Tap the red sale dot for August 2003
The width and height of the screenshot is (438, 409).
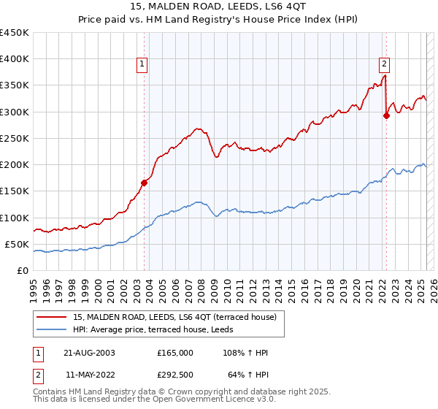(x=145, y=183)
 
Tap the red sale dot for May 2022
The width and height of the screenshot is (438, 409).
(x=387, y=115)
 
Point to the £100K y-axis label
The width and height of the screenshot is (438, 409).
(x=15, y=218)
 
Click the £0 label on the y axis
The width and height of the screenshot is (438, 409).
(x=22, y=270)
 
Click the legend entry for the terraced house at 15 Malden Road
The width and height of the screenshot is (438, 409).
(x=174, y=317)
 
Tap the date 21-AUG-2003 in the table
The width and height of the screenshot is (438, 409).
(x=89, y=353)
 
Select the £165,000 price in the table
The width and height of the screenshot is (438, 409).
(x=175, y=353)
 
